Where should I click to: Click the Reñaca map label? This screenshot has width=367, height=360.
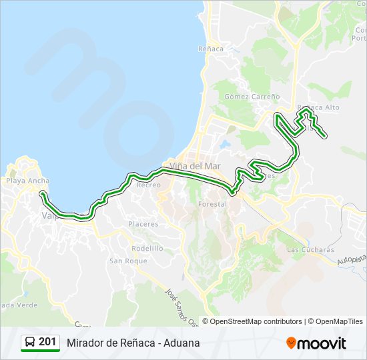tap(212, 49)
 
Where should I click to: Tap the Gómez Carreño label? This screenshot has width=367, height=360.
tap(252, 96)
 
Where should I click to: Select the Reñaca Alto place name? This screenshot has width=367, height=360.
tap(318, 107)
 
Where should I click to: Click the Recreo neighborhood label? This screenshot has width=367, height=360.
tap(148, 185)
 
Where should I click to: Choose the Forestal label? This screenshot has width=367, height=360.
tap(213, 204)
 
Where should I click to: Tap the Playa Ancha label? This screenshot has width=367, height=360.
tap(27, 181)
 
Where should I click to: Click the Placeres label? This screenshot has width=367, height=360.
tap(143, 224)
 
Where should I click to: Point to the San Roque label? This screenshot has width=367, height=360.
tap(128, 261)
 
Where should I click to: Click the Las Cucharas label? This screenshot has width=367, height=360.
tap(310, 249)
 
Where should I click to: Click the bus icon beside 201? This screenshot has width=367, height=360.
tap(31, 343)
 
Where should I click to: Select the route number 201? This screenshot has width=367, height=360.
tap(47, 342)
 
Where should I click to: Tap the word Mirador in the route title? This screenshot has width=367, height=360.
tap(86, 343)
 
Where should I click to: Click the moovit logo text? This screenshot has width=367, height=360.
tap(322, 343)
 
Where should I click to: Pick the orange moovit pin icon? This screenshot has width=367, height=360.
tap(291, 343)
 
